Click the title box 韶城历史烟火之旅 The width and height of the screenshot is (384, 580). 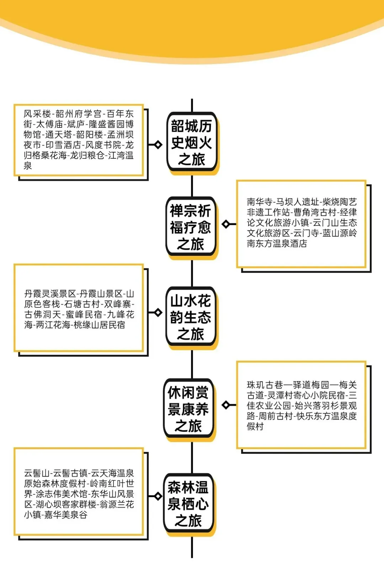pyautogui.click(x=192, y=143)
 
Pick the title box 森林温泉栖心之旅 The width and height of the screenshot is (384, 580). pyautogui.click(x=188, y=504)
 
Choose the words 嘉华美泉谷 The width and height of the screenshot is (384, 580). pyautogui.click(x=66, y=515)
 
